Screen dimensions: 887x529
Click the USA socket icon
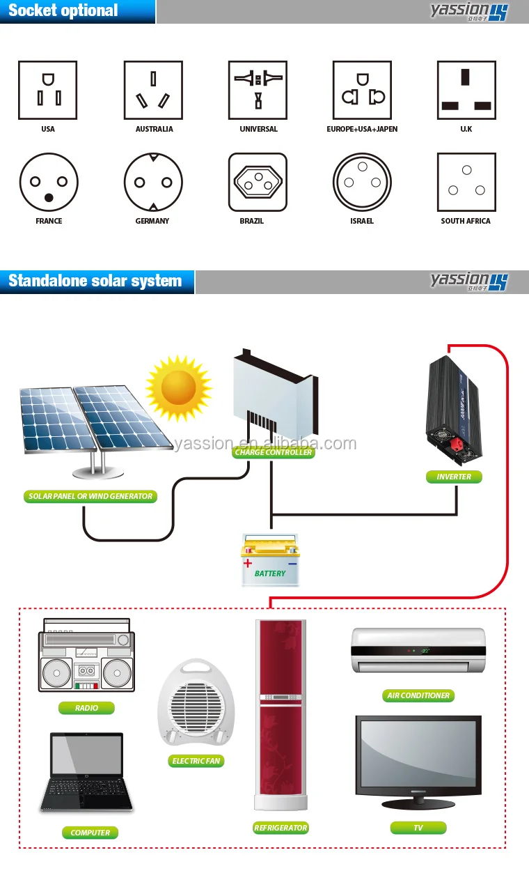pos(48,90)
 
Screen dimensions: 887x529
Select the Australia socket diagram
pos(153,90)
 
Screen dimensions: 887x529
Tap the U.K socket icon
pos(466,90)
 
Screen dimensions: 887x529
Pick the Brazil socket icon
pos(258,183)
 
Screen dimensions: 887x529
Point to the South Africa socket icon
pos(466,183)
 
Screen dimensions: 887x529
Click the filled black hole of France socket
pos(48,198)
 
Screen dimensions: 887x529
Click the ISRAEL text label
pos(362,221)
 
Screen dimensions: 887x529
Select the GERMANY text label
pos(152,221)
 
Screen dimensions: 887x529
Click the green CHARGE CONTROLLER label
pos(274,452)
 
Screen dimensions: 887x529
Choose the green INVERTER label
pos(454,477)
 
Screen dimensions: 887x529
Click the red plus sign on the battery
pos(248,563)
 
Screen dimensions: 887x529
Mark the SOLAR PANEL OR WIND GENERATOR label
pos(90,497)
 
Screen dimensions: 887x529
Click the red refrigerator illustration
pos(281,714)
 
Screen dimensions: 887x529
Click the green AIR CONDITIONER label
pos(418,695)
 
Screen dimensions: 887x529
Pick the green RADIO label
pos(87,708)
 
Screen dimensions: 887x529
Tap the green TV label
pos(418,828)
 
